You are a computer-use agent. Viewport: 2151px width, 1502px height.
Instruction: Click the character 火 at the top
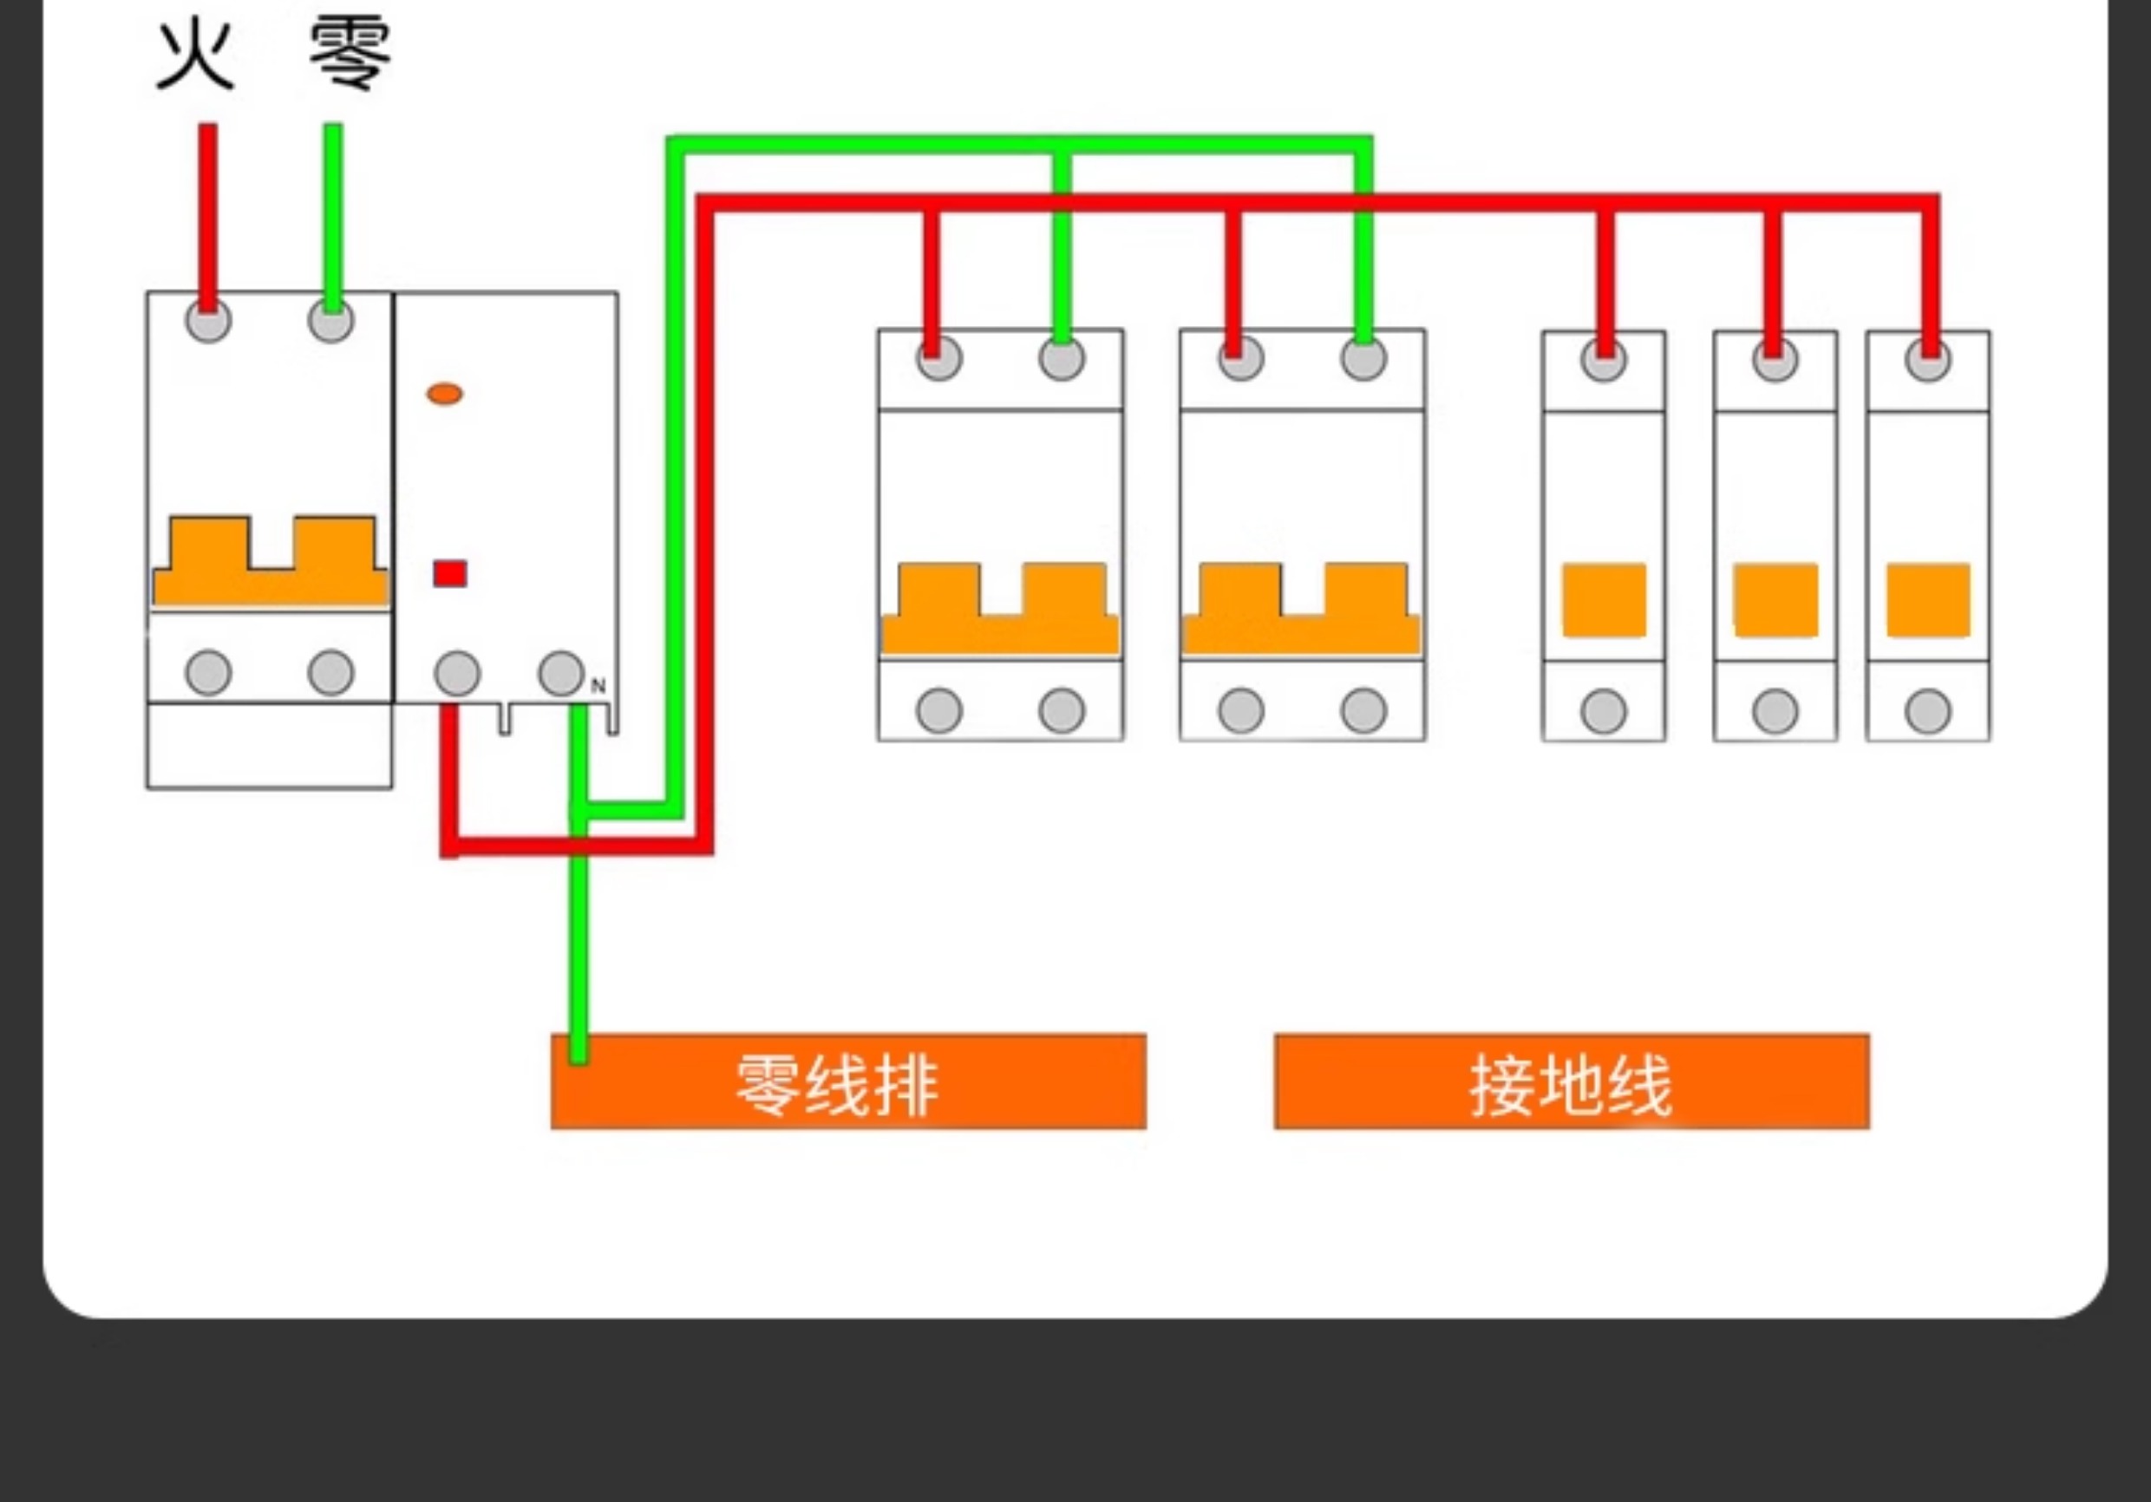point(195,56)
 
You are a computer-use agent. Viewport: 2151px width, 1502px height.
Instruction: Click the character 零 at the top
point(350,56)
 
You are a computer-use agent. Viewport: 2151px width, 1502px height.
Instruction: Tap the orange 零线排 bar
point(848,1081)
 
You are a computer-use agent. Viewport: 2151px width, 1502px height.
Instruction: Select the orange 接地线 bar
point(1572,1081)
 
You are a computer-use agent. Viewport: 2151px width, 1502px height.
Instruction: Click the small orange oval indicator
point(444,394)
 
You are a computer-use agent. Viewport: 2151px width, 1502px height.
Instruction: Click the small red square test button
point(449,573)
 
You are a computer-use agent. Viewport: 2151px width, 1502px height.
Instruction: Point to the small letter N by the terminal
point(598,686)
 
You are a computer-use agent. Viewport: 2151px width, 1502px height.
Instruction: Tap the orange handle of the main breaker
point(270,560)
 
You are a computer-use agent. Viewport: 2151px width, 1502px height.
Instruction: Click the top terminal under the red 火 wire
point(208,322)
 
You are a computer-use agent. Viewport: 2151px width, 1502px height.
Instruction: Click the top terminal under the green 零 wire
point(330,322)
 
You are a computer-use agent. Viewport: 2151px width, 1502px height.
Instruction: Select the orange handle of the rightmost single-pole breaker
point(1928,600)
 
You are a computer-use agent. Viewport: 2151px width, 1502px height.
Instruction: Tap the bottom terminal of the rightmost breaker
point(1928,711)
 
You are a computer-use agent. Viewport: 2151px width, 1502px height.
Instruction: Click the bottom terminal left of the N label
point(561,673)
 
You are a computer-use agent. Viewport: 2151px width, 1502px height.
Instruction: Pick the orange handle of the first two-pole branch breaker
point(1001,607)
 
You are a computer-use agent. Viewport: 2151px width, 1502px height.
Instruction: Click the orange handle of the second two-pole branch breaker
point(1302,607)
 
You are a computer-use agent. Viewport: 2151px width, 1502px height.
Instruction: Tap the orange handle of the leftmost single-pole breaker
point(1604,600)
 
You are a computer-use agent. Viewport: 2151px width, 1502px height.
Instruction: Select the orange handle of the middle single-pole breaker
point(1775,600)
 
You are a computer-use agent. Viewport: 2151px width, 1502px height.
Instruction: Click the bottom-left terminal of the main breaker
point(208,673)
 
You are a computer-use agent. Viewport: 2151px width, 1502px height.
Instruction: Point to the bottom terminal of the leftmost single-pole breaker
point(1604,711)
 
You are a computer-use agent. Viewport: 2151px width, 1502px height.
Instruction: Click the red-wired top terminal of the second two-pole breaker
point(1241,359)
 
